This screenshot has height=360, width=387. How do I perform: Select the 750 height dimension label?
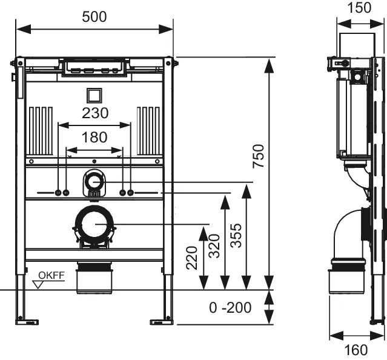coord(258,159)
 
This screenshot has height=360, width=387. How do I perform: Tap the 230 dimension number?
coord(95,113)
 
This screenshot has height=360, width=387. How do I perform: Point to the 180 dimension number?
coord(95,138)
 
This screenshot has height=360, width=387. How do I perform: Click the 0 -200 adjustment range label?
coord(230,308)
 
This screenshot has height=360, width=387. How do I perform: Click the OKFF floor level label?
coord(51,276)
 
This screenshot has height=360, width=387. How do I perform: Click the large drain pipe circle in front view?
coord(94,225)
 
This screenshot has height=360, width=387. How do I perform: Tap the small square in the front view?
coord(94,95)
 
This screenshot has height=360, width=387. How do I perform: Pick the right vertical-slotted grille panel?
coord(148,130)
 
